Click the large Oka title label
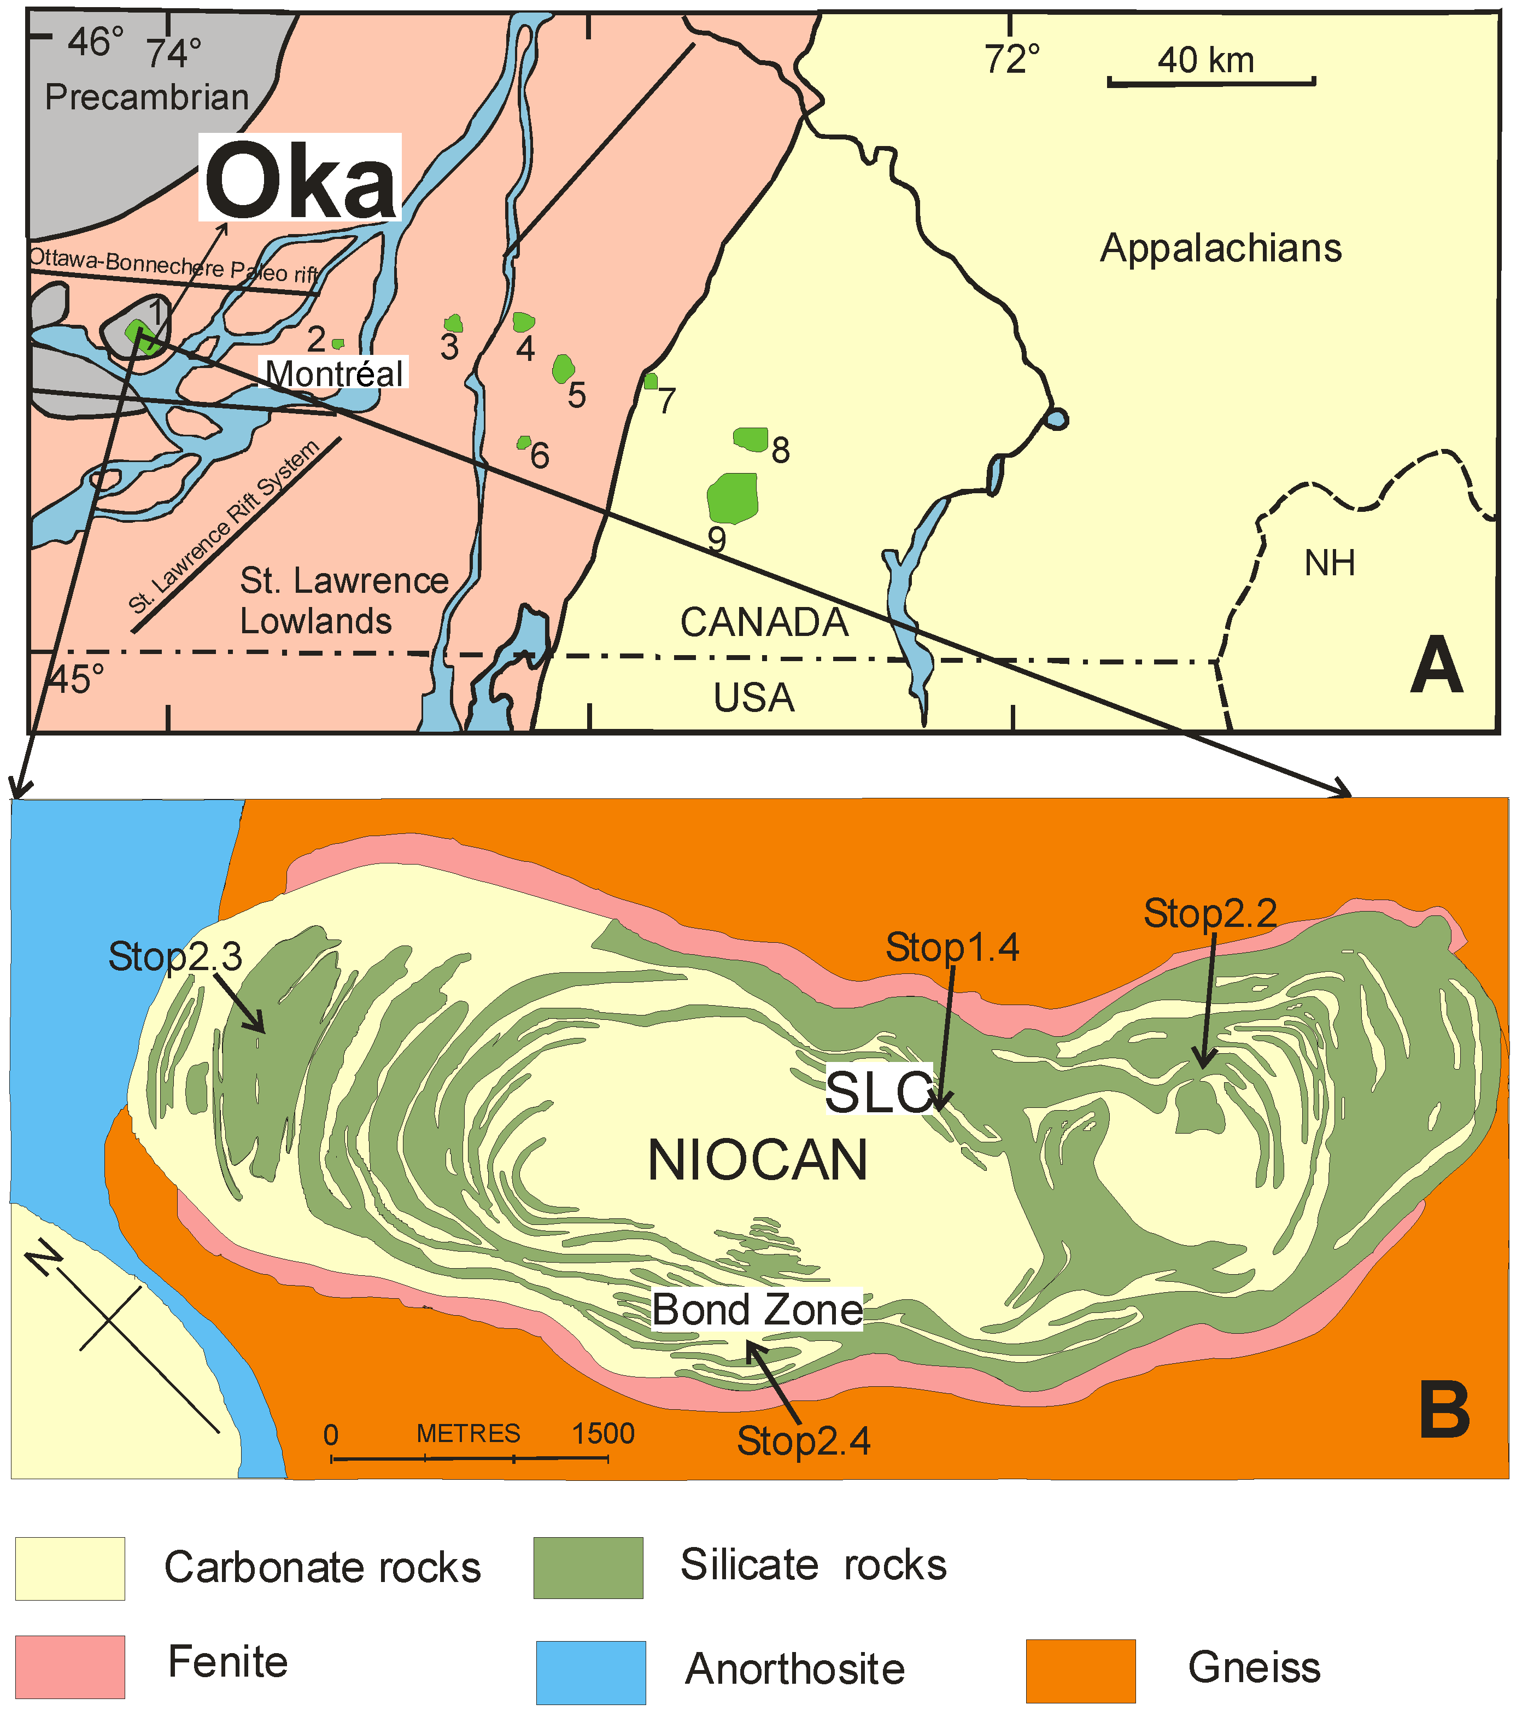[x=300, y=179]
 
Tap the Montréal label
[x=335, y=373]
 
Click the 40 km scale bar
[x=1210, y=81]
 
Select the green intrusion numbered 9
[x=733, y=497]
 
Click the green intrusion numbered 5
[x=563, y=367]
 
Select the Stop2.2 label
[x=1210, y=913]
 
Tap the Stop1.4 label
[x=952, y=947]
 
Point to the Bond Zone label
[x=757, y=1310]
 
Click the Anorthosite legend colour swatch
[x=591, y=1672]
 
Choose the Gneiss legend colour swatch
[x=1080, y=1671]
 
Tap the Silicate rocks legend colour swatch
[x=588, y=1567]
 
